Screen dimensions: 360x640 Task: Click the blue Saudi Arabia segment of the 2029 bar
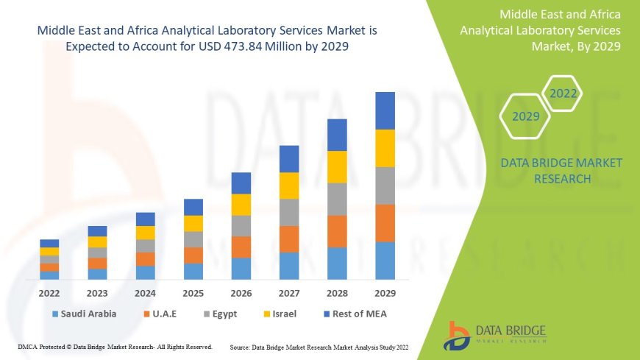click(x=385, y=261)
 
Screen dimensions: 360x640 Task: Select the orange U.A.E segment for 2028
click(x=337, y=231)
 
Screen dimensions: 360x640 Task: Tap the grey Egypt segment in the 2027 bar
click(x=289, y=212)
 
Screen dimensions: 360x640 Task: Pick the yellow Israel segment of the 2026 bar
click(x=241, y=205)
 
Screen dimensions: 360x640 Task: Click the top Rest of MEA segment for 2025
click(x=193, y=207)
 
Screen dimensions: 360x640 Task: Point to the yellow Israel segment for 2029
click(x=385, y=148)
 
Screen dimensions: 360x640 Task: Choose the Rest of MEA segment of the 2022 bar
click(x=49, y=243)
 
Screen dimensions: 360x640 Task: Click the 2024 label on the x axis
click(x=145, y=292)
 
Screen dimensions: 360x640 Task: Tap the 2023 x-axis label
click(x=97, y=292)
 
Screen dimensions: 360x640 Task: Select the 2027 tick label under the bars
click(x=289, y=292)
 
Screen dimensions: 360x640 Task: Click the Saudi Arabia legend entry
click(x=84, y=314)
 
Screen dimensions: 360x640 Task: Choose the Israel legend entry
click(x=280, y=314)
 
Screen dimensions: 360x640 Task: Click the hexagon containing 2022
click(x=563, y=93)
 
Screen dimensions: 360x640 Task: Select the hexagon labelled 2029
click(x=526, y=116)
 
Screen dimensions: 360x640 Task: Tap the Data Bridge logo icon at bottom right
click(x=457, y=335)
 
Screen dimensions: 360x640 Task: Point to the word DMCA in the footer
click(x=27, y=346)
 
